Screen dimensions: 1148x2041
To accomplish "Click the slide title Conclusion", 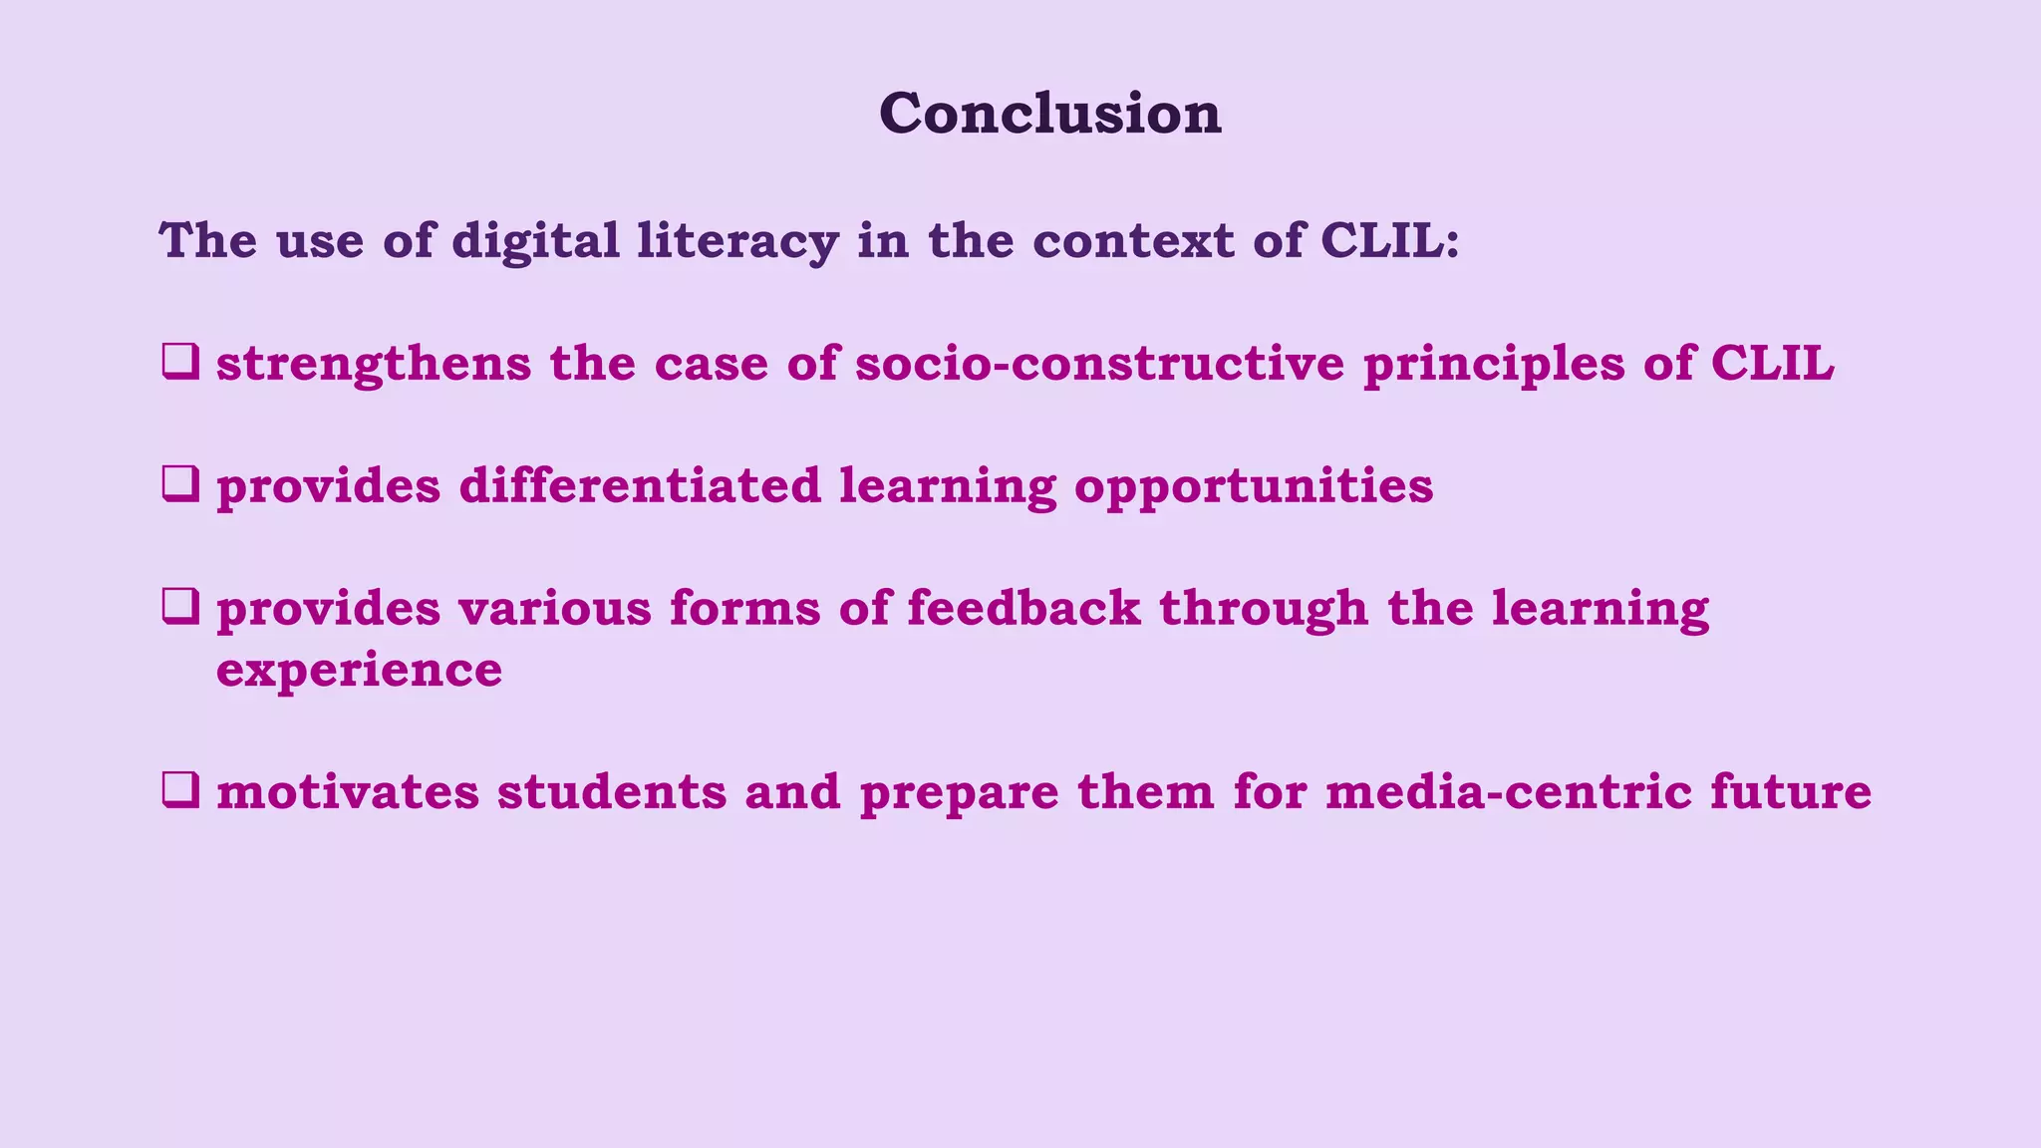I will point(1049,113).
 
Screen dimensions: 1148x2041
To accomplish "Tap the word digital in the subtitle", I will point(535,241).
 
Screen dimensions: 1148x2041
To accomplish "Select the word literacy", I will point(737,241).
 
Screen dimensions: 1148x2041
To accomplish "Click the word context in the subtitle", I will point(1133,241).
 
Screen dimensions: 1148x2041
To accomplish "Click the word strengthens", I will point(374,364).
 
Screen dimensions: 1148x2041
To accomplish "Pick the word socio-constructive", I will point(1100,363).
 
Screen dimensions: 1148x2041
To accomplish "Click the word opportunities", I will point(1254,487).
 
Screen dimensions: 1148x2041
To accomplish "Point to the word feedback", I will point(1023,608).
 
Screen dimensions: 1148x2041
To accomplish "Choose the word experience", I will point(359,671).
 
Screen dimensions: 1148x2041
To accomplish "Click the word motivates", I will point(348,792).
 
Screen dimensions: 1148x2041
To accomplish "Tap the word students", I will point(612,792).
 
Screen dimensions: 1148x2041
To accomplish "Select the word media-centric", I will point(1509,792).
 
